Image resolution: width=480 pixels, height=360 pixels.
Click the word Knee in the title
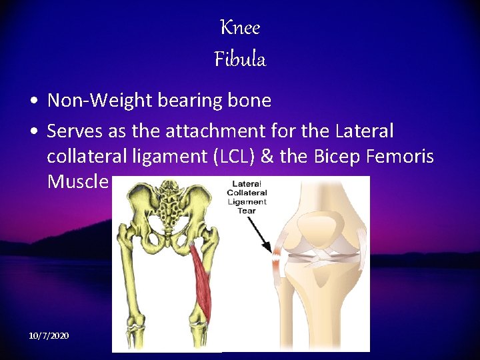[x=240, y=28]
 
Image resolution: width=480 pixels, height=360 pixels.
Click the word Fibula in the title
[x=240, y=60]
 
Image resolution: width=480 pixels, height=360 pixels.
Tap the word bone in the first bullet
[x=248, y=101]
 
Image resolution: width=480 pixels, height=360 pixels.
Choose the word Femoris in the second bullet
[x=405, y=157]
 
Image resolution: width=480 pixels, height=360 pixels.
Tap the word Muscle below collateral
[x=77, y=182]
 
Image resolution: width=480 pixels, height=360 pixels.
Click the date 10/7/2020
[x=49, y=335]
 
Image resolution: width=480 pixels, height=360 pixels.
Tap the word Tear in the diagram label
[x=247, y=210]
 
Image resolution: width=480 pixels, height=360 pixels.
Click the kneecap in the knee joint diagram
[x=319, y=227]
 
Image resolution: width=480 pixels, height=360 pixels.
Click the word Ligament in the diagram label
[x=247, y=201]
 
